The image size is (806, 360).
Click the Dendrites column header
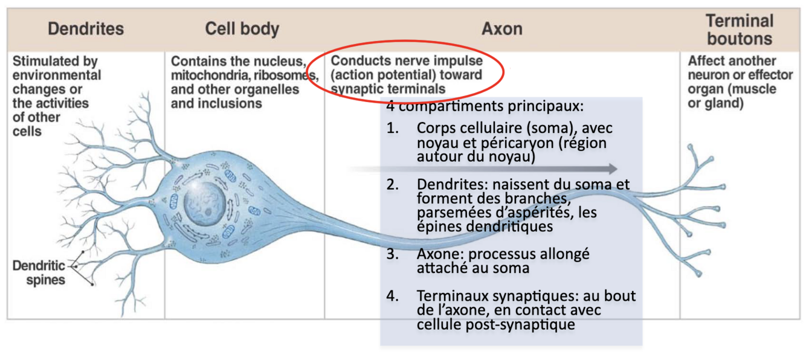(x=86, y=29)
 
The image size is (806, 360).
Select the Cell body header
(x=242, y=29)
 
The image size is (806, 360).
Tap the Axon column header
(x=501, y=29)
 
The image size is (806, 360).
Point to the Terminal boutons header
(x=739, y=30)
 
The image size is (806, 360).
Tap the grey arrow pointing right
(x=483, y=169)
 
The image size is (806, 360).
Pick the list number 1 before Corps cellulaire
(x=393, y=128)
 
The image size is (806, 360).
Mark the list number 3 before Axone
(x=393, y=254)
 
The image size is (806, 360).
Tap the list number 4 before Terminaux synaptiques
(x=393, y=296)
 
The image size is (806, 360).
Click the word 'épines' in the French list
(x=436, y=227)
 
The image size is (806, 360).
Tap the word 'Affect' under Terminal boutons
(x=704, y=61)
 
